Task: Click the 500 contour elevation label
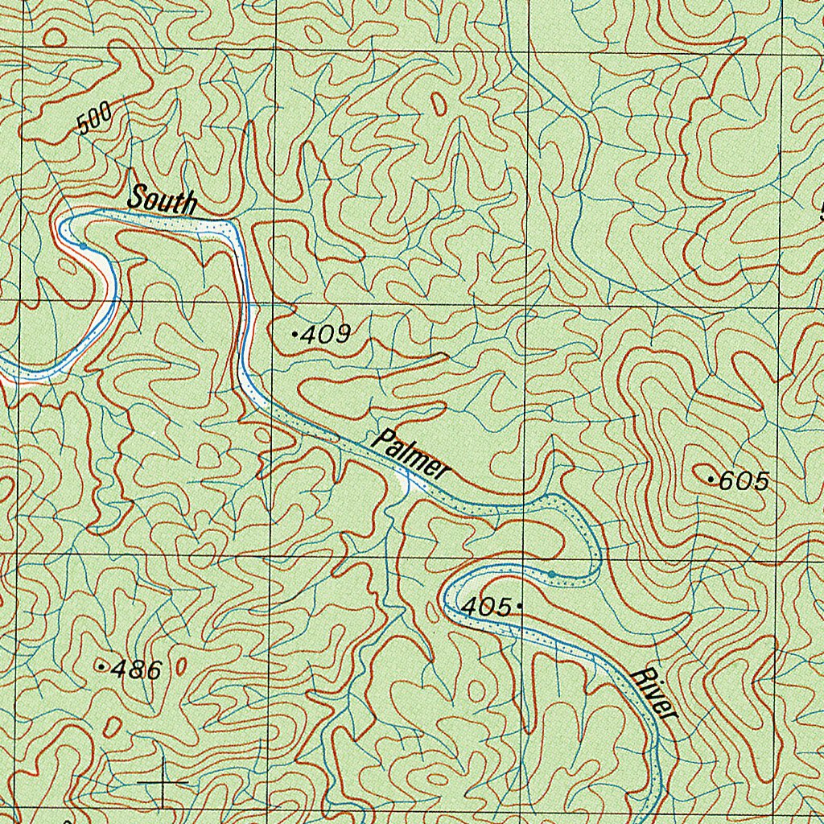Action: tap(95, 118)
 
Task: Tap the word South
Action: tap(162, 199)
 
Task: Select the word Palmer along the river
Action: tap(411, 455)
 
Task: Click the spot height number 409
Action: tap(325, 334)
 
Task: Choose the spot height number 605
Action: tap(744, 482)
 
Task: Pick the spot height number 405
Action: tap(486, 607)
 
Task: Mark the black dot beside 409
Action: tap(295, 332)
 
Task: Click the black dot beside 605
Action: tap(711, 480)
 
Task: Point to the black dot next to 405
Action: tap(521, 605)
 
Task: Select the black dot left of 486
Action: tap(101, 667)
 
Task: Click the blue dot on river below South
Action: tap(82, 245)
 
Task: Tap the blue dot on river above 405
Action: tap(551, 573)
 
